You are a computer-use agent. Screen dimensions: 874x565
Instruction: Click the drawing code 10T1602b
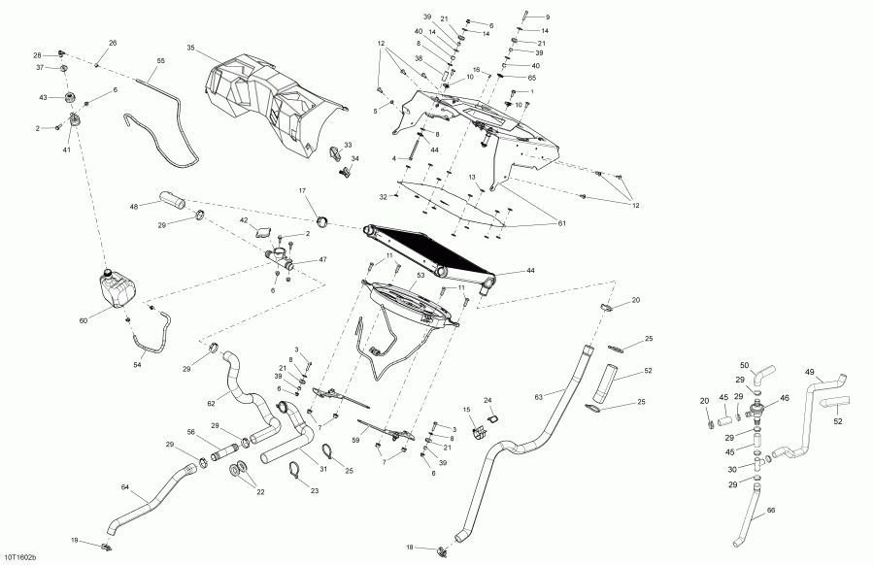tap(21, 557)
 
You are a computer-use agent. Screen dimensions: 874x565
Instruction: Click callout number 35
tap(190, 48)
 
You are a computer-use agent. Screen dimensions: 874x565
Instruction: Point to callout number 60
tap(84, 321)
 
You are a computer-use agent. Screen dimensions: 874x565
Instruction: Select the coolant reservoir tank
tap(117, 288)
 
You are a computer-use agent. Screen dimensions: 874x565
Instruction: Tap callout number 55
tap(160, 60)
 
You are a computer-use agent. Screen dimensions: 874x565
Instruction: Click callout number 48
tap(134, 207)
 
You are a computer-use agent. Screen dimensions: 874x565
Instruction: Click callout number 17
tap(303, 191)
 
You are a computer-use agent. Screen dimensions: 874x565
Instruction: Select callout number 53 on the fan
tap(420, 275)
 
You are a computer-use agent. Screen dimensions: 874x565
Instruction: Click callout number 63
tap(538, 397)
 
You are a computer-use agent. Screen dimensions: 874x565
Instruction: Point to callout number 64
tap(125, 487)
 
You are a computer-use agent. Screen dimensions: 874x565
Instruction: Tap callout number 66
tap(771, 510)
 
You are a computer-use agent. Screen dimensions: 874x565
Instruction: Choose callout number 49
tap(810, 372)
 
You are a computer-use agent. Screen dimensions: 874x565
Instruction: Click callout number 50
tap(744, 365)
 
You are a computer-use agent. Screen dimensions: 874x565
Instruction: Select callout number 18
tap(410, 548)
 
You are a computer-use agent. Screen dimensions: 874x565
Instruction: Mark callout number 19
tap(75, 540)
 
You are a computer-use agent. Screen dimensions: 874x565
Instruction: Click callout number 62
tap(211, 402)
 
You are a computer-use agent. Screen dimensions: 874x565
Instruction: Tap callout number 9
tap(548, 17)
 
